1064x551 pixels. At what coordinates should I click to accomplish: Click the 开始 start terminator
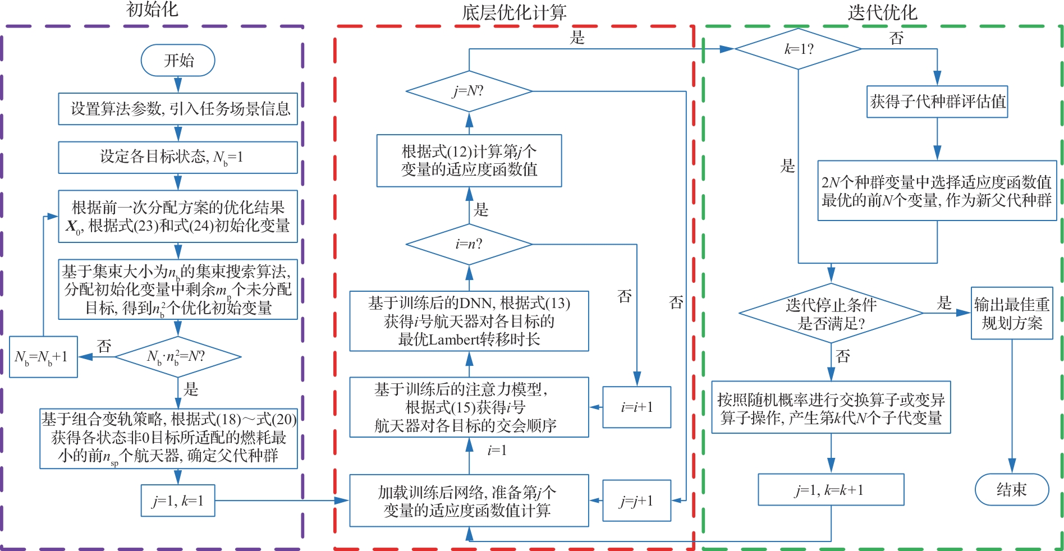178,60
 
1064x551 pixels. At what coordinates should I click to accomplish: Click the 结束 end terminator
1012,489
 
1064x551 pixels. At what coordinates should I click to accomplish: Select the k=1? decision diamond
798,49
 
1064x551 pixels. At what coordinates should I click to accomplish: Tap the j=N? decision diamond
469,91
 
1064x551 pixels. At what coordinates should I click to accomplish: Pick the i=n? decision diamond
469,244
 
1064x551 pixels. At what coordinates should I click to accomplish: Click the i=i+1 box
637,407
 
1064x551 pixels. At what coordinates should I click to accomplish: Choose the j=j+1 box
637,501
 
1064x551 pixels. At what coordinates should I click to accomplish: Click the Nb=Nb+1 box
43,356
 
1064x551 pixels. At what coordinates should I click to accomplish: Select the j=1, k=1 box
178,501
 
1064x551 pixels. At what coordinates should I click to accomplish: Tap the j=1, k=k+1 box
831,489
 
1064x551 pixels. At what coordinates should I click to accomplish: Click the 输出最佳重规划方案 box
1012,313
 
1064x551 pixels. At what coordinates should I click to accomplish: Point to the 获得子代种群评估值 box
937,102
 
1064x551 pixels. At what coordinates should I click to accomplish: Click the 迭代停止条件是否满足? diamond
831,313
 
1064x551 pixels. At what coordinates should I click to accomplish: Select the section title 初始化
152,10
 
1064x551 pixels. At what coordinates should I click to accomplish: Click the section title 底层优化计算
514,12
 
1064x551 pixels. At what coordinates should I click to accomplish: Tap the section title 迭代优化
882,12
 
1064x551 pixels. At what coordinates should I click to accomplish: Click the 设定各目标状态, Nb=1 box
178,157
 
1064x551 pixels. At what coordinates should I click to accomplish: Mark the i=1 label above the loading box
497,450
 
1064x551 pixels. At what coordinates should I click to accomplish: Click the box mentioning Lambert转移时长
469,321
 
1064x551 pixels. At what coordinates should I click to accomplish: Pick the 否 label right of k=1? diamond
897,38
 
